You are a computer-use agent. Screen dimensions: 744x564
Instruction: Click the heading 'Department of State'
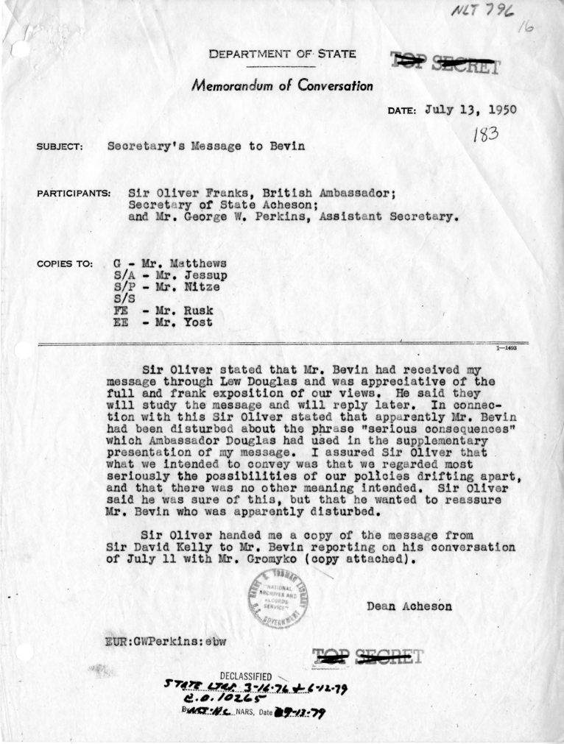click(x=283, y=54)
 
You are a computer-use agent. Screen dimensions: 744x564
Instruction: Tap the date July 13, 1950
click(x=470, y=110)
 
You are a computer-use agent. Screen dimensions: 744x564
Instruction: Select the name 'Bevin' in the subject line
click(x=285, y=146)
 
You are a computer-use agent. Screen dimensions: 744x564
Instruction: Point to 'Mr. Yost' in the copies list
click(x=173, y=322)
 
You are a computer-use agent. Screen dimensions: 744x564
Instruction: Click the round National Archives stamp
click(x=277, y=598)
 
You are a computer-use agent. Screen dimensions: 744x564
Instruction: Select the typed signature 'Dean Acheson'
click(x=409, y=606)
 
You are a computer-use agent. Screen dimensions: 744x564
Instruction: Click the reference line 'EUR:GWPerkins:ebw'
click(x=166, y=640)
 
